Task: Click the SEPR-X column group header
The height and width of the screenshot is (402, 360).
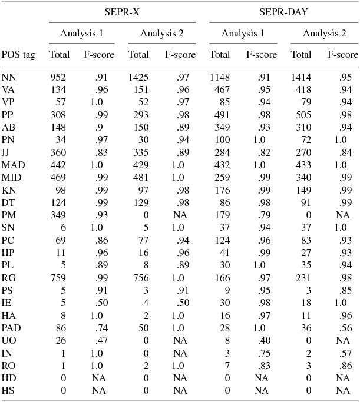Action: point(123,12)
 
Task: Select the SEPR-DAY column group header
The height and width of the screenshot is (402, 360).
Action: point(284,12)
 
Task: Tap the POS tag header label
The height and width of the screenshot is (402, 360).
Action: point(18,55)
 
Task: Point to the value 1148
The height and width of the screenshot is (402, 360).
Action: point(220,77)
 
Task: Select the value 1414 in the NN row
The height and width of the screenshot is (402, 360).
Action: point(301,77)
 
